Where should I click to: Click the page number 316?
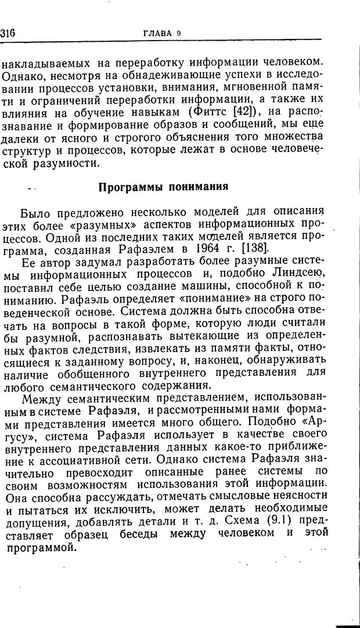pyautogui.click(x=8, y=33)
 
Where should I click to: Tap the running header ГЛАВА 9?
pyautogui.click(x=162, y=33)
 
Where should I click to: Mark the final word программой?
pyautogui.click(x=38, y=547)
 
